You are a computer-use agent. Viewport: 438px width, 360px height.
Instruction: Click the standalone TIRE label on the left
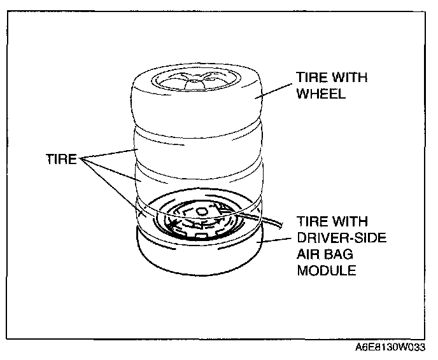coord(62,160)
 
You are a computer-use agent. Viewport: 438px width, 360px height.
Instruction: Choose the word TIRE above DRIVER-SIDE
coord(311,222)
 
